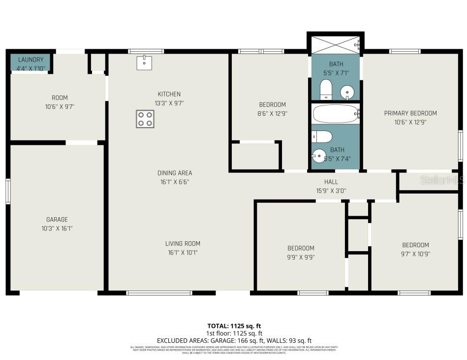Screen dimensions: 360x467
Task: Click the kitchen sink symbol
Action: click(144, 63)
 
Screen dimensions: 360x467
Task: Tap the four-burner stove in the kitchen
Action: click(145, 119)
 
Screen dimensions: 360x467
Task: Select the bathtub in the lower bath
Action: click(336, 114)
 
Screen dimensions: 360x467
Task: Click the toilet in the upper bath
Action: click(326, 90)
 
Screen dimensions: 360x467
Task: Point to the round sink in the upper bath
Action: click(348, 92)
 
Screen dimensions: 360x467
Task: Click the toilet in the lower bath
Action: click(322, 136)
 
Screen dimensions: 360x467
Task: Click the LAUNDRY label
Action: click(31, 60)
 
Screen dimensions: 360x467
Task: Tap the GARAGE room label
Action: click(58, 220)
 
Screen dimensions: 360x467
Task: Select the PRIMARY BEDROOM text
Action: click(410, 113)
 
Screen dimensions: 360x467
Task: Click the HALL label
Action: click(331, 182)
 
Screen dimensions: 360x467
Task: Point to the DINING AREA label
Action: click(175, 173)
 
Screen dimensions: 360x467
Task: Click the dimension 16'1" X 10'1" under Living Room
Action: click(182, 253)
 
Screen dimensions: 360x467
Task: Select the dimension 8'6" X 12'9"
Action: click(272, 114)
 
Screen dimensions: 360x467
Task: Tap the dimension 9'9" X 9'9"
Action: click(301, 257)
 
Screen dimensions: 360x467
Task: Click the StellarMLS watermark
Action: click(442, 180)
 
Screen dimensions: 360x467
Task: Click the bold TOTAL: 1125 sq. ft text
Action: click(234, 326)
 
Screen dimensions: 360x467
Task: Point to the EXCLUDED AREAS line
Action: click(234, 340)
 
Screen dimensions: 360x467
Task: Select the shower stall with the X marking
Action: click(335, 44)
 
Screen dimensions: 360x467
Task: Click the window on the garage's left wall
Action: click(8, 191)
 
